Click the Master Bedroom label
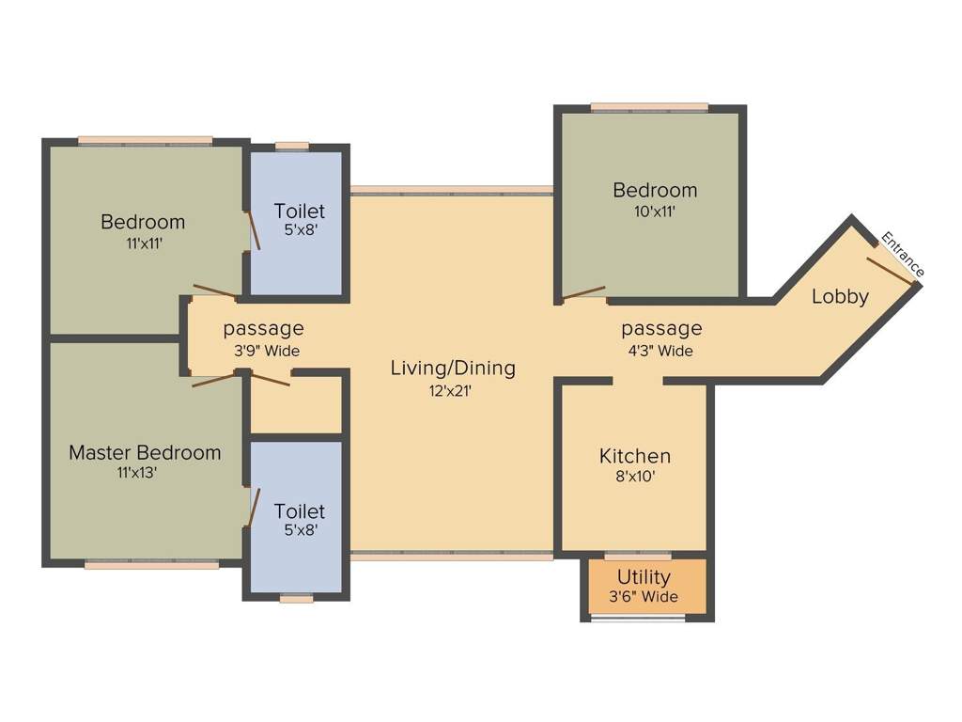pos(145,452)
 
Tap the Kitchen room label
pos(635,456)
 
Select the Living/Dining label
pos(453,368)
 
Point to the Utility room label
pos(644,576)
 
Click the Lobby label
pos(840,296)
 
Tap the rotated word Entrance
pos(902,255)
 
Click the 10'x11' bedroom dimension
pos(655,212)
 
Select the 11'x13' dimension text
pos(137,474)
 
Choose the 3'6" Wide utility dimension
pos(644,597)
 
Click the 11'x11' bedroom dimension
pos(143,243)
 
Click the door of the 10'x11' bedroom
pos(583,293)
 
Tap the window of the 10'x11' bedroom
pos(649,106)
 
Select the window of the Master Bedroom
pos(151,565)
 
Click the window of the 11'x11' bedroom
pos(146,141)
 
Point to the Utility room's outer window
pos(638,619)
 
